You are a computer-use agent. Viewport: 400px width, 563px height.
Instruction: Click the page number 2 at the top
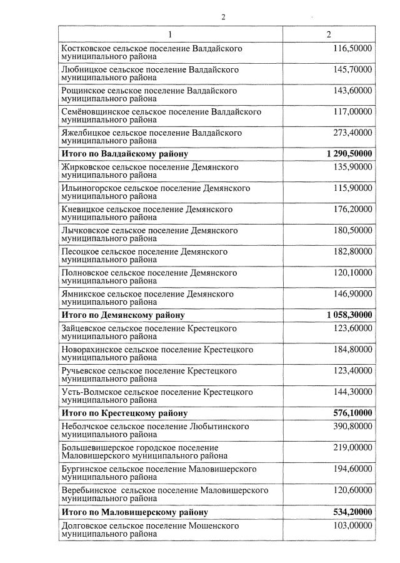coord(223,17)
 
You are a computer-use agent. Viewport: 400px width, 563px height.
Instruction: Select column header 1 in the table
coord(171,34)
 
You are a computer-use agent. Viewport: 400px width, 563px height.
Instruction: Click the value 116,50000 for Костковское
coord(352,48)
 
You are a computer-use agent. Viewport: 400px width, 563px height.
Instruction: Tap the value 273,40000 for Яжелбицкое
coord(352,133)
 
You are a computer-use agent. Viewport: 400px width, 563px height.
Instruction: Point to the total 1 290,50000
coord(349,153)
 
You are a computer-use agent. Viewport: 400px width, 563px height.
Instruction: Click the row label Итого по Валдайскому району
coord(124,153)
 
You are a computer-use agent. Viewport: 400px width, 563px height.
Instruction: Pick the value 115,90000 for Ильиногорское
coord(352,188)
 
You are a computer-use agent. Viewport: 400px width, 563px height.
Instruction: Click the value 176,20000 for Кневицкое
coord(352,209)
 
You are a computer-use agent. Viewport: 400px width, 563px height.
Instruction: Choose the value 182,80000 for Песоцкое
coord(352,251)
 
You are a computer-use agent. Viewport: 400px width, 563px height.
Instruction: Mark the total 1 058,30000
coord(349,315)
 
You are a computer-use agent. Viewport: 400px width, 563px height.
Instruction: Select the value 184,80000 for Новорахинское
coord(352,349)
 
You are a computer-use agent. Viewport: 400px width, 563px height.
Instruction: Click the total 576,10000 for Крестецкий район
coord(352,413)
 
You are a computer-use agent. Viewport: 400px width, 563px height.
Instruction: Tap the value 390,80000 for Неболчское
coord(352,427)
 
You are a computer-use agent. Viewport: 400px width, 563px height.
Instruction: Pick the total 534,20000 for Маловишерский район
coord(352,512)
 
